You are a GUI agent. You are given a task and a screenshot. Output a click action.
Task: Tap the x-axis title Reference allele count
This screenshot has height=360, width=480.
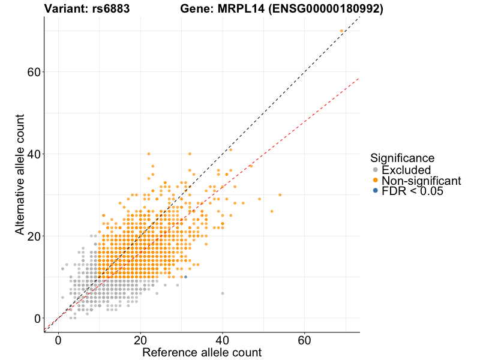pyautogui.click(x=202, y=352)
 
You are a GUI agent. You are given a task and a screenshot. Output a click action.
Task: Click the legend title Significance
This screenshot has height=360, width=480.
pyautogui.click(x=402, y=158)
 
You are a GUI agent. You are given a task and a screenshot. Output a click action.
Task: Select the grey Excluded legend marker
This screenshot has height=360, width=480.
pyautogui.click(x=376, y=170)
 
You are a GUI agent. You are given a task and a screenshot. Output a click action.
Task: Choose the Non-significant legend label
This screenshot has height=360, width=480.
pyautogui.click(x=421, y=181)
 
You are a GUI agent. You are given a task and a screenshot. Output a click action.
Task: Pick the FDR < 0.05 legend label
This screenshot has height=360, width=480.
pyautogui.click(x=412, y=191)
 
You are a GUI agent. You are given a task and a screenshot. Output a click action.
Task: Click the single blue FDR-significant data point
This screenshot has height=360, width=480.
pyautogui.click(x=185, y=277)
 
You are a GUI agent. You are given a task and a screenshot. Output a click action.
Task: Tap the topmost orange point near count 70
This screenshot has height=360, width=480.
pyautogui.click(x=341, y=31)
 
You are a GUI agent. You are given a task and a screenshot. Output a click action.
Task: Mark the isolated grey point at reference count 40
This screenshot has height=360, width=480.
pyautogui.click(x=223, y=293)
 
